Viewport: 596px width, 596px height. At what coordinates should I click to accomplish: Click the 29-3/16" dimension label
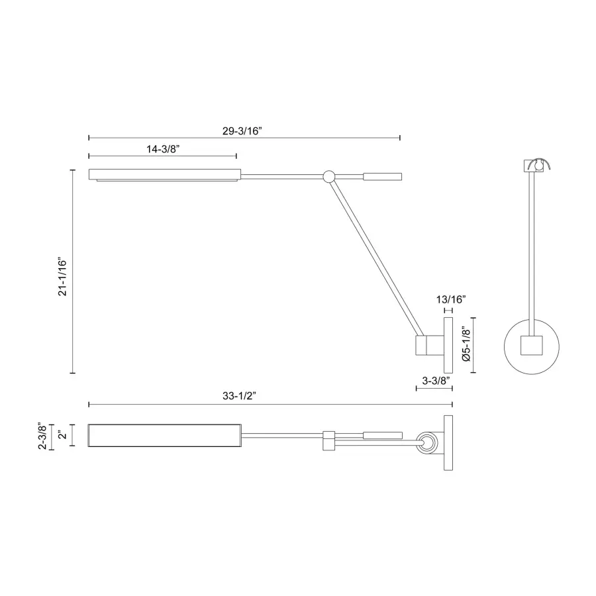pyautogui.click(x=244, y=130)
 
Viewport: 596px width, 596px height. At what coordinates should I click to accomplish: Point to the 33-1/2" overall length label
pyautogui.click(x=239, y=396)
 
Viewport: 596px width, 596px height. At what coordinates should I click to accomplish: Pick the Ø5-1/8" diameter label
pyautogui.click(x=466, y=345)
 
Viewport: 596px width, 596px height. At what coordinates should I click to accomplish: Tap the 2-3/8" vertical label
pyautogui.click(x=42, y=436)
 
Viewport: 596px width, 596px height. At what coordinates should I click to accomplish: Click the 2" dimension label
pyautogui.click(x=61, y=436)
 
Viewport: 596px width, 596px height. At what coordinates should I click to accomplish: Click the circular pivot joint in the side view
pyautogui.click(x=328, y=176)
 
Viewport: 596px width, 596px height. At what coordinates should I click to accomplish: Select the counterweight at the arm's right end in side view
pyautogui.click(x=382, y=176)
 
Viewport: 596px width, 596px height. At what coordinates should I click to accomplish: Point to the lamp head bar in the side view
pyautogui.click(x=164, y=175)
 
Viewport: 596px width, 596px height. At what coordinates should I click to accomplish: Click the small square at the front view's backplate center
pyautogui.click(x=532, y=346)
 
